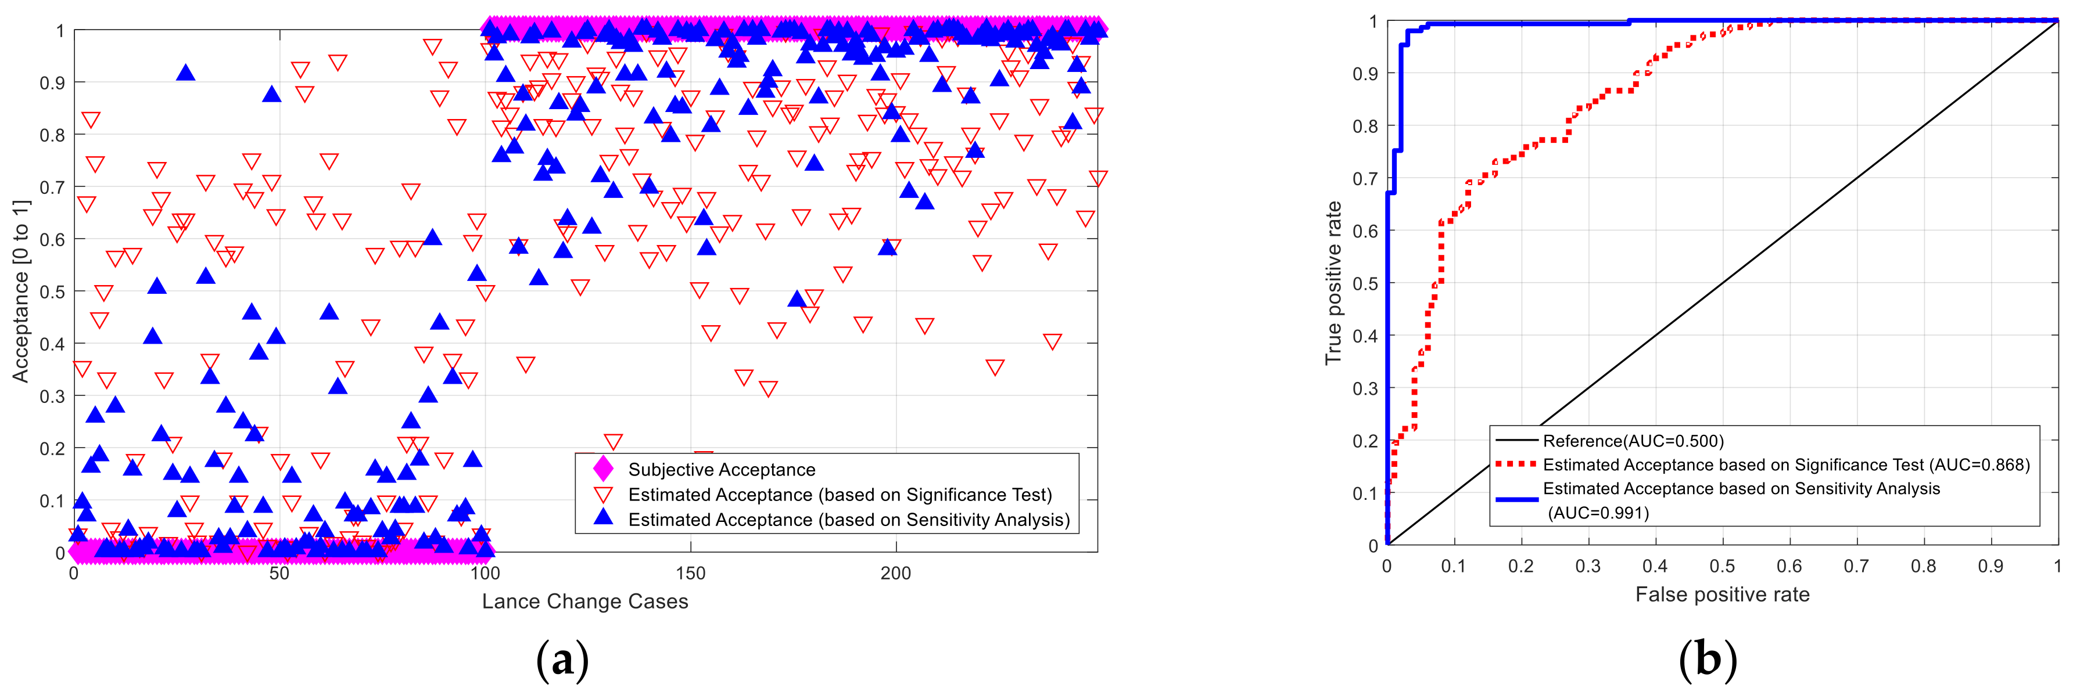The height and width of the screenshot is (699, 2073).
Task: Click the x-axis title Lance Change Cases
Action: coord(585,601)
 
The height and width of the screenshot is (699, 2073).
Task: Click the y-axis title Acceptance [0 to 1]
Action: coord(21,291)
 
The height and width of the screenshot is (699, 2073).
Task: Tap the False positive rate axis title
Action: coord(1722,594)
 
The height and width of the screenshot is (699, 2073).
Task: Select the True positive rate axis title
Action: coord(1333,283)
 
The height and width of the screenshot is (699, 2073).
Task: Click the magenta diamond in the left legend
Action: coord(602,469)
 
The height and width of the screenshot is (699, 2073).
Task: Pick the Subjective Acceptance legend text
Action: coord(721,470)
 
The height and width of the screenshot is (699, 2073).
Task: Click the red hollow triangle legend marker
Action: coord(602,495)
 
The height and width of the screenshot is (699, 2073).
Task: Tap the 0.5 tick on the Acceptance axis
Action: coord(52,292)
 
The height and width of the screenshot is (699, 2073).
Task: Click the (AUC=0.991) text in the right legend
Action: coord(1598,513)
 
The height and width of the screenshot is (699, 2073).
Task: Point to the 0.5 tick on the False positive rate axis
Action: coord(1722,566)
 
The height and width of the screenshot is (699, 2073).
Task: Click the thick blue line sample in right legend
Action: coord(1516,499)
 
